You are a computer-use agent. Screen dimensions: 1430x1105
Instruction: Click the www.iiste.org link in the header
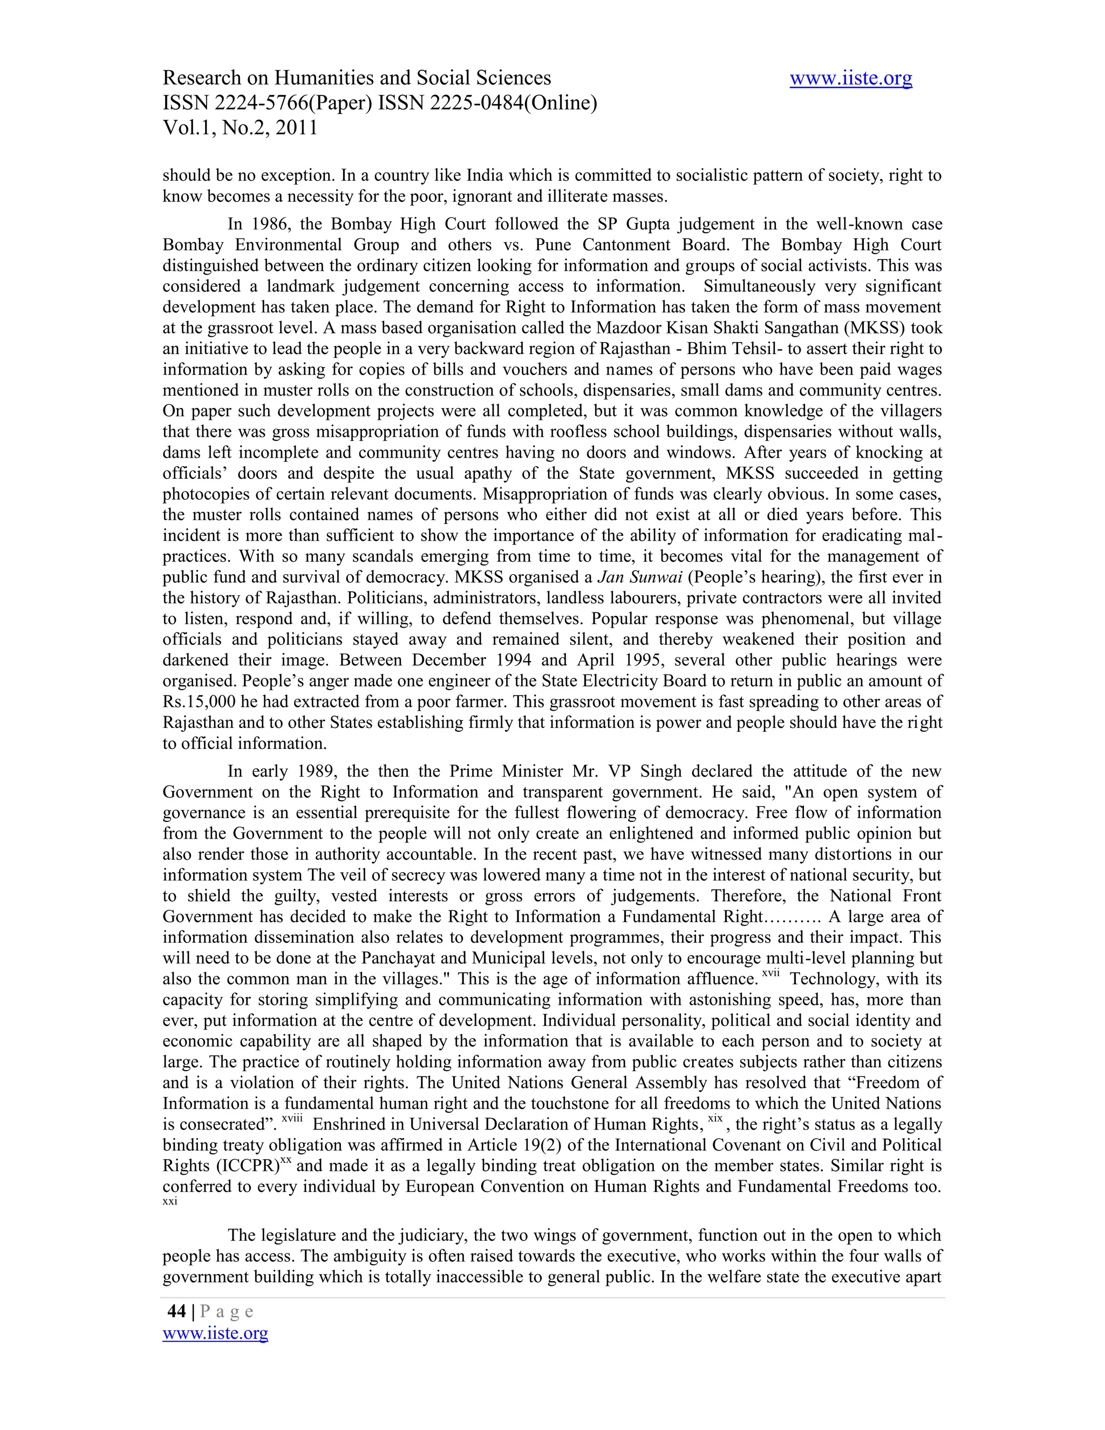click(850, 79)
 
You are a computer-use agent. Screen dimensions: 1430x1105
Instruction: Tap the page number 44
click(177, 1311)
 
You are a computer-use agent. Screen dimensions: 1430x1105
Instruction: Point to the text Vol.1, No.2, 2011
click(240, 128)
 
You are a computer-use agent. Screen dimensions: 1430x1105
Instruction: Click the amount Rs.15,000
click(203, 702)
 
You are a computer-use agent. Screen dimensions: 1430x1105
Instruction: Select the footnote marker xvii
click(770, 973)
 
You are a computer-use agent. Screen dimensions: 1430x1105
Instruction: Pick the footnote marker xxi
click(169, 1202)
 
